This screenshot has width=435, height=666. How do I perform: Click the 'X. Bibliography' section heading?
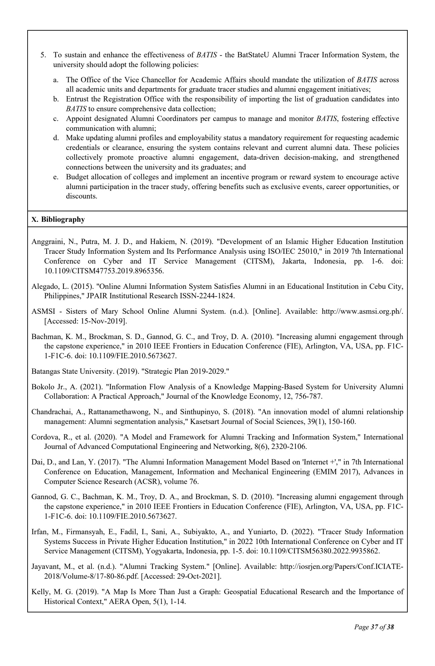point(58,219)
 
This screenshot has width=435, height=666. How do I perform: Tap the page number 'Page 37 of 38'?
point(374,627)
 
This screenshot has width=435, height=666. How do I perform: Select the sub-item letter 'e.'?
point(56,177)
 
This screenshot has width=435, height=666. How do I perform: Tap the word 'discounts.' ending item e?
point(81,196)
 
